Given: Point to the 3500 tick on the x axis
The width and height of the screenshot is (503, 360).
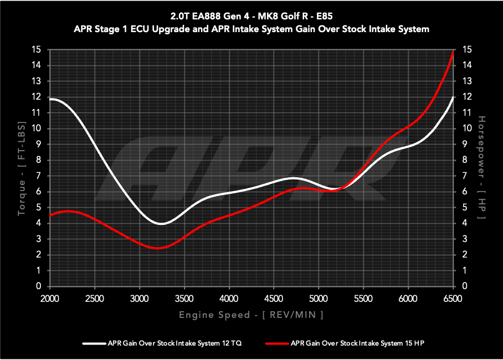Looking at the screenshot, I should coord(184,298).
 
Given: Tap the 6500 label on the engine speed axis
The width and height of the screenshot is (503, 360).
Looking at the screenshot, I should coord(453,298).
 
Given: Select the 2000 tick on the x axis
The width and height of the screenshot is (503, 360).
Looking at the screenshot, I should coord(50,298).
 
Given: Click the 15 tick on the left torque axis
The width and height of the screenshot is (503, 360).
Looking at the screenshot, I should coord(37,50).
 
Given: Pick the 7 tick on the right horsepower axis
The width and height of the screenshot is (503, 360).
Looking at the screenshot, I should coord(467,176).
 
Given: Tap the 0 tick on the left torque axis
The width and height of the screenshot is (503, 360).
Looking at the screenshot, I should coord(39,286).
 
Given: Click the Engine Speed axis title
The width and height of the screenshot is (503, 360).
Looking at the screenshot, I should coord(251,315).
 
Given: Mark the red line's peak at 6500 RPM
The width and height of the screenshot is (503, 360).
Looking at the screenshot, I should coord(454,50).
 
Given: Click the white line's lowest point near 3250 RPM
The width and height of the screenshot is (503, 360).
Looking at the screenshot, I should coord(161,224).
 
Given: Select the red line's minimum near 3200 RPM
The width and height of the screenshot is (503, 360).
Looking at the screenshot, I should coord(158,248).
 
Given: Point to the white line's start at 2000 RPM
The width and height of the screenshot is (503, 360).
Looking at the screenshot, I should coord(50,99).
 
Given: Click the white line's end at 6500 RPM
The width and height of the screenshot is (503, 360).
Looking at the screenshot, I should coord(454,97).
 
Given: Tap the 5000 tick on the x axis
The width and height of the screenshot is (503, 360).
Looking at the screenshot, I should coord(319,298).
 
